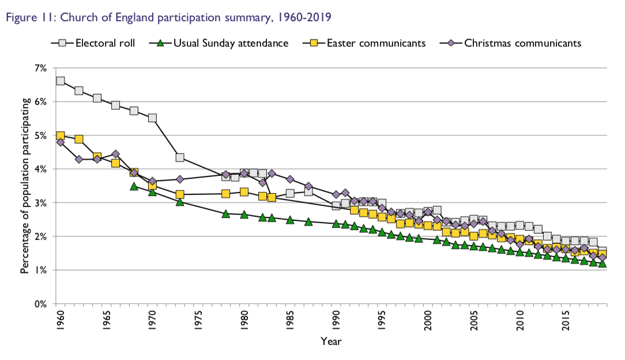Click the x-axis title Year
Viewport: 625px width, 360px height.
[x=331, y=342]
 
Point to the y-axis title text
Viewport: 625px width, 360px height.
[x=25, y=186]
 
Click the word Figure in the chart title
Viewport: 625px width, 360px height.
[x=20, y=17]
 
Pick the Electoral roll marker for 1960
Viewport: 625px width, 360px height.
[x=60, y=81]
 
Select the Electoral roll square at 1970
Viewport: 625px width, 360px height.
[x=152, y=118]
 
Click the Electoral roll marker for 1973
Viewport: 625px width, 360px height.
[x=180, y=157]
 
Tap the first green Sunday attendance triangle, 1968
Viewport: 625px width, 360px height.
[x=134, y=186]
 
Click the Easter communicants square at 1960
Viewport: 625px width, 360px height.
[x=60, y=136]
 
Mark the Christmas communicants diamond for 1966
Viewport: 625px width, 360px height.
[x=115, y=154]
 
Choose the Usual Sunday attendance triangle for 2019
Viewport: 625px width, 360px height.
[x=603, y=264]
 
